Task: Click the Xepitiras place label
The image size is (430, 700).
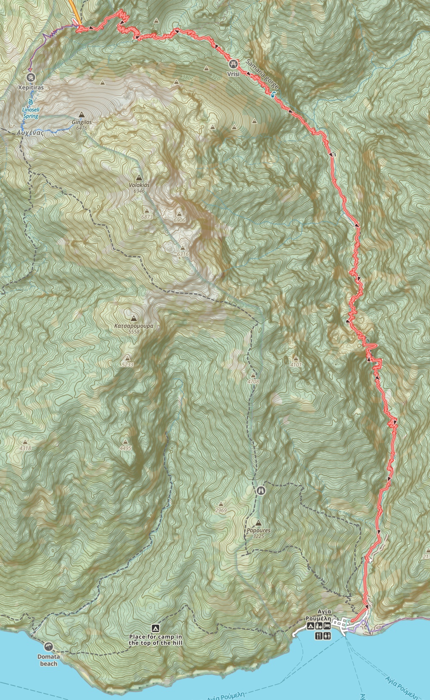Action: point(31,88)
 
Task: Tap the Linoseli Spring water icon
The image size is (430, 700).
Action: point(31,102)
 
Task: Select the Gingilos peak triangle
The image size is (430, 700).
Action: point(81,114)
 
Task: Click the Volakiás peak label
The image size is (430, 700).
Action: point(139,185)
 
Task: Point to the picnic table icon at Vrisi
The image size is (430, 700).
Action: point(233,64)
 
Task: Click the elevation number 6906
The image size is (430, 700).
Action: point(179,220)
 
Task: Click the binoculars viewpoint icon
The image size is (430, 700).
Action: point(261,491)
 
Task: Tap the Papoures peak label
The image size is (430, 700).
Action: point(258,531)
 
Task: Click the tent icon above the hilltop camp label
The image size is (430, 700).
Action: point(155,628)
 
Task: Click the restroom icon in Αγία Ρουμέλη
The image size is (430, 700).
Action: point(327,636)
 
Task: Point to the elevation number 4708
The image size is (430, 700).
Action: point(253,382)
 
